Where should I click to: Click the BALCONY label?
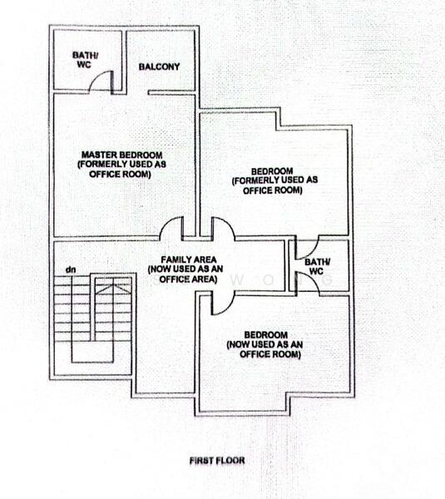pyautogui.click(x=159, y=67)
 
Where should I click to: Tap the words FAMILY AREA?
pyautogui.click(x=181, y=260)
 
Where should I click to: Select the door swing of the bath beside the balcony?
pyautogui.click(x=101, y=81)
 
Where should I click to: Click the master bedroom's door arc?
pyautogui.click(x=172, y=227)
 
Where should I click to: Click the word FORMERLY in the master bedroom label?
pyautogui.click(x=106, y=164)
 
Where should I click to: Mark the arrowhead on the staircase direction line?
pyautogui.click(x=114, y=285)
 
